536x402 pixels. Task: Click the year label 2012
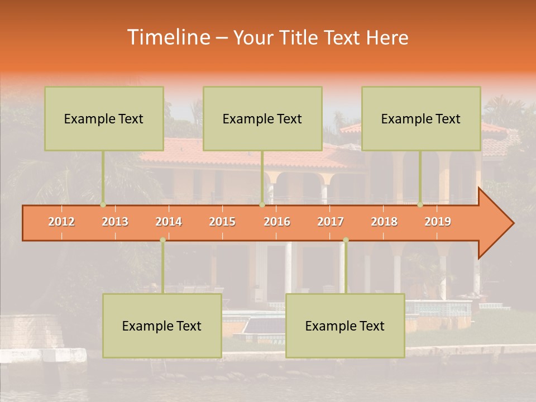coord(61,222)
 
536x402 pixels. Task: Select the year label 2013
coord(115,222)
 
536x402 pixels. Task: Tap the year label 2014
coord(169,222)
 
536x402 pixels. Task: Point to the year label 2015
coord(222,222)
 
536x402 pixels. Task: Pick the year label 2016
coord(277,222)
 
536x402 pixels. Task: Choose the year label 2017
coord(331,222)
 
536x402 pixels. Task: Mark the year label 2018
coord(384,222)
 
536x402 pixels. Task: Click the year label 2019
coord(438,222)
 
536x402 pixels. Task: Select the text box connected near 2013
coord(104,118)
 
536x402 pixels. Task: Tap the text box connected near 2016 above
coord(262,118)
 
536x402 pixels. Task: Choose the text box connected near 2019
coord(421,118)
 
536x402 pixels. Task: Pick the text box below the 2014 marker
coord(162,326)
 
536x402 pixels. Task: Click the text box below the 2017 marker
coord(345,326)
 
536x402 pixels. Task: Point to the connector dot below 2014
coord(162,240)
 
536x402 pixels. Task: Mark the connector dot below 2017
coord(346,240)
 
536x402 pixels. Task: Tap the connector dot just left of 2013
coord(103,205)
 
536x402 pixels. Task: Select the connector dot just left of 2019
coord(420,205)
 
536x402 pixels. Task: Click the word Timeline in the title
coord(167,37)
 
